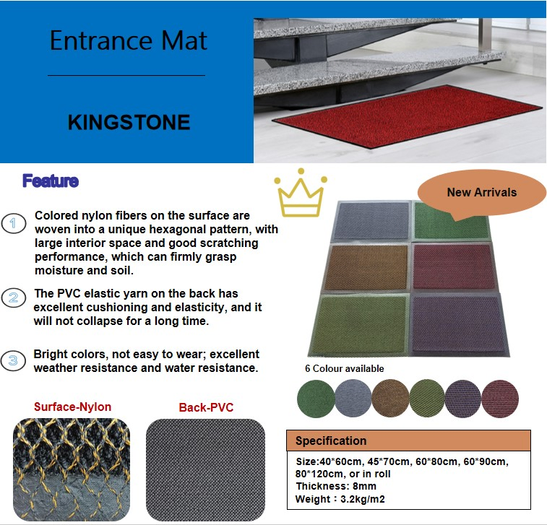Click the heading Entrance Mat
coord(128,40)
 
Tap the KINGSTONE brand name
coord(129,122)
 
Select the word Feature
coord(50,181)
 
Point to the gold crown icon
coord(301,194)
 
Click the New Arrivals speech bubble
coord(481,193)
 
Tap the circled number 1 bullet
coord(13,223)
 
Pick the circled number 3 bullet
coord(13,360)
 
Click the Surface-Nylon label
coord(72,407)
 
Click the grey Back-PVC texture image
coord(205,469)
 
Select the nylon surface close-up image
coord(72,469)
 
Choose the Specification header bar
coord(408,441)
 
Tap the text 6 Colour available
coord(344,369)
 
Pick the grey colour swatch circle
coord(353,396)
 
